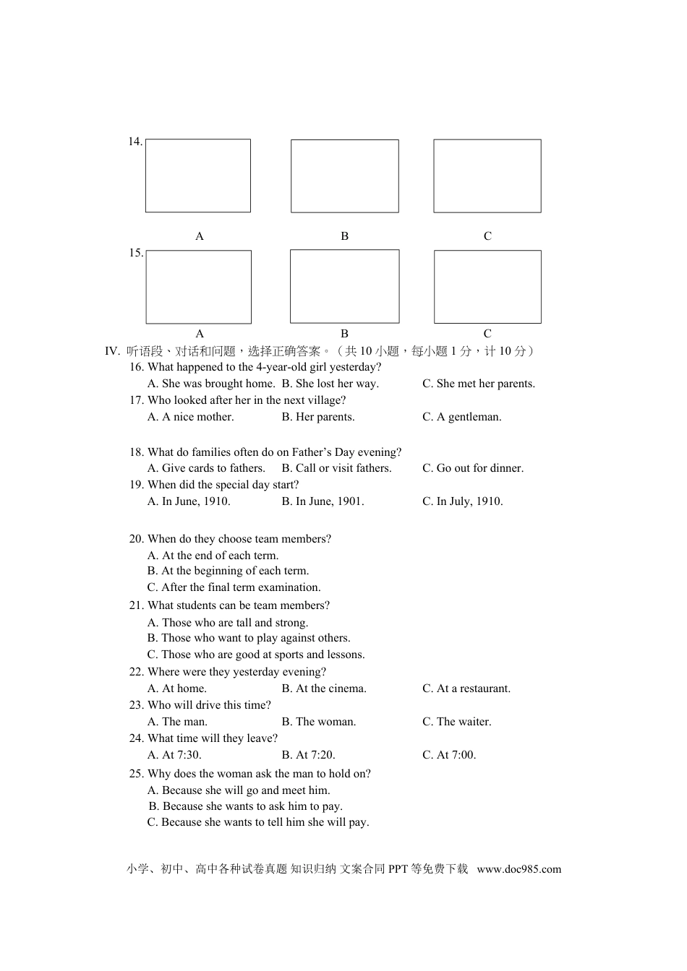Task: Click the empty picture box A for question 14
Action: click(x=198, y=176)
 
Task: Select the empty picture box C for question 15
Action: click(x=487, y=287)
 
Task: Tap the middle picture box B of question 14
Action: click(x=344, y=176)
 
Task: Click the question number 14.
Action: click(x=135, y=142)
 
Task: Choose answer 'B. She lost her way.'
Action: click(x=330, y=384)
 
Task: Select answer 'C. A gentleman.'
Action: click(x=461, y=417)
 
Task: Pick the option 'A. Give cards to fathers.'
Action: click(x=206, y=468)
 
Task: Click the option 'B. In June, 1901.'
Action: click(x=323, y=501)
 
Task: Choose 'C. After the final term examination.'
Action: click(x=234, y=587)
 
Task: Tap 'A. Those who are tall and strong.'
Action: click(x=228, y=623)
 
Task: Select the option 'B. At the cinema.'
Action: click(x=324, y=689)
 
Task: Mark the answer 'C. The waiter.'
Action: click(x=456, y=722)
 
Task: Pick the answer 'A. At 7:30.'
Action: click(x=174, y=755)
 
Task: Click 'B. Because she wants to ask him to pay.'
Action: click(x=246, y=806)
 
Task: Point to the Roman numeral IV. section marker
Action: click(x=112, y=351)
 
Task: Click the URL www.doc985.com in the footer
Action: click(x=519, y=869)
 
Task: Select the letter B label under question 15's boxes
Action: click(x=344, y=334)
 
